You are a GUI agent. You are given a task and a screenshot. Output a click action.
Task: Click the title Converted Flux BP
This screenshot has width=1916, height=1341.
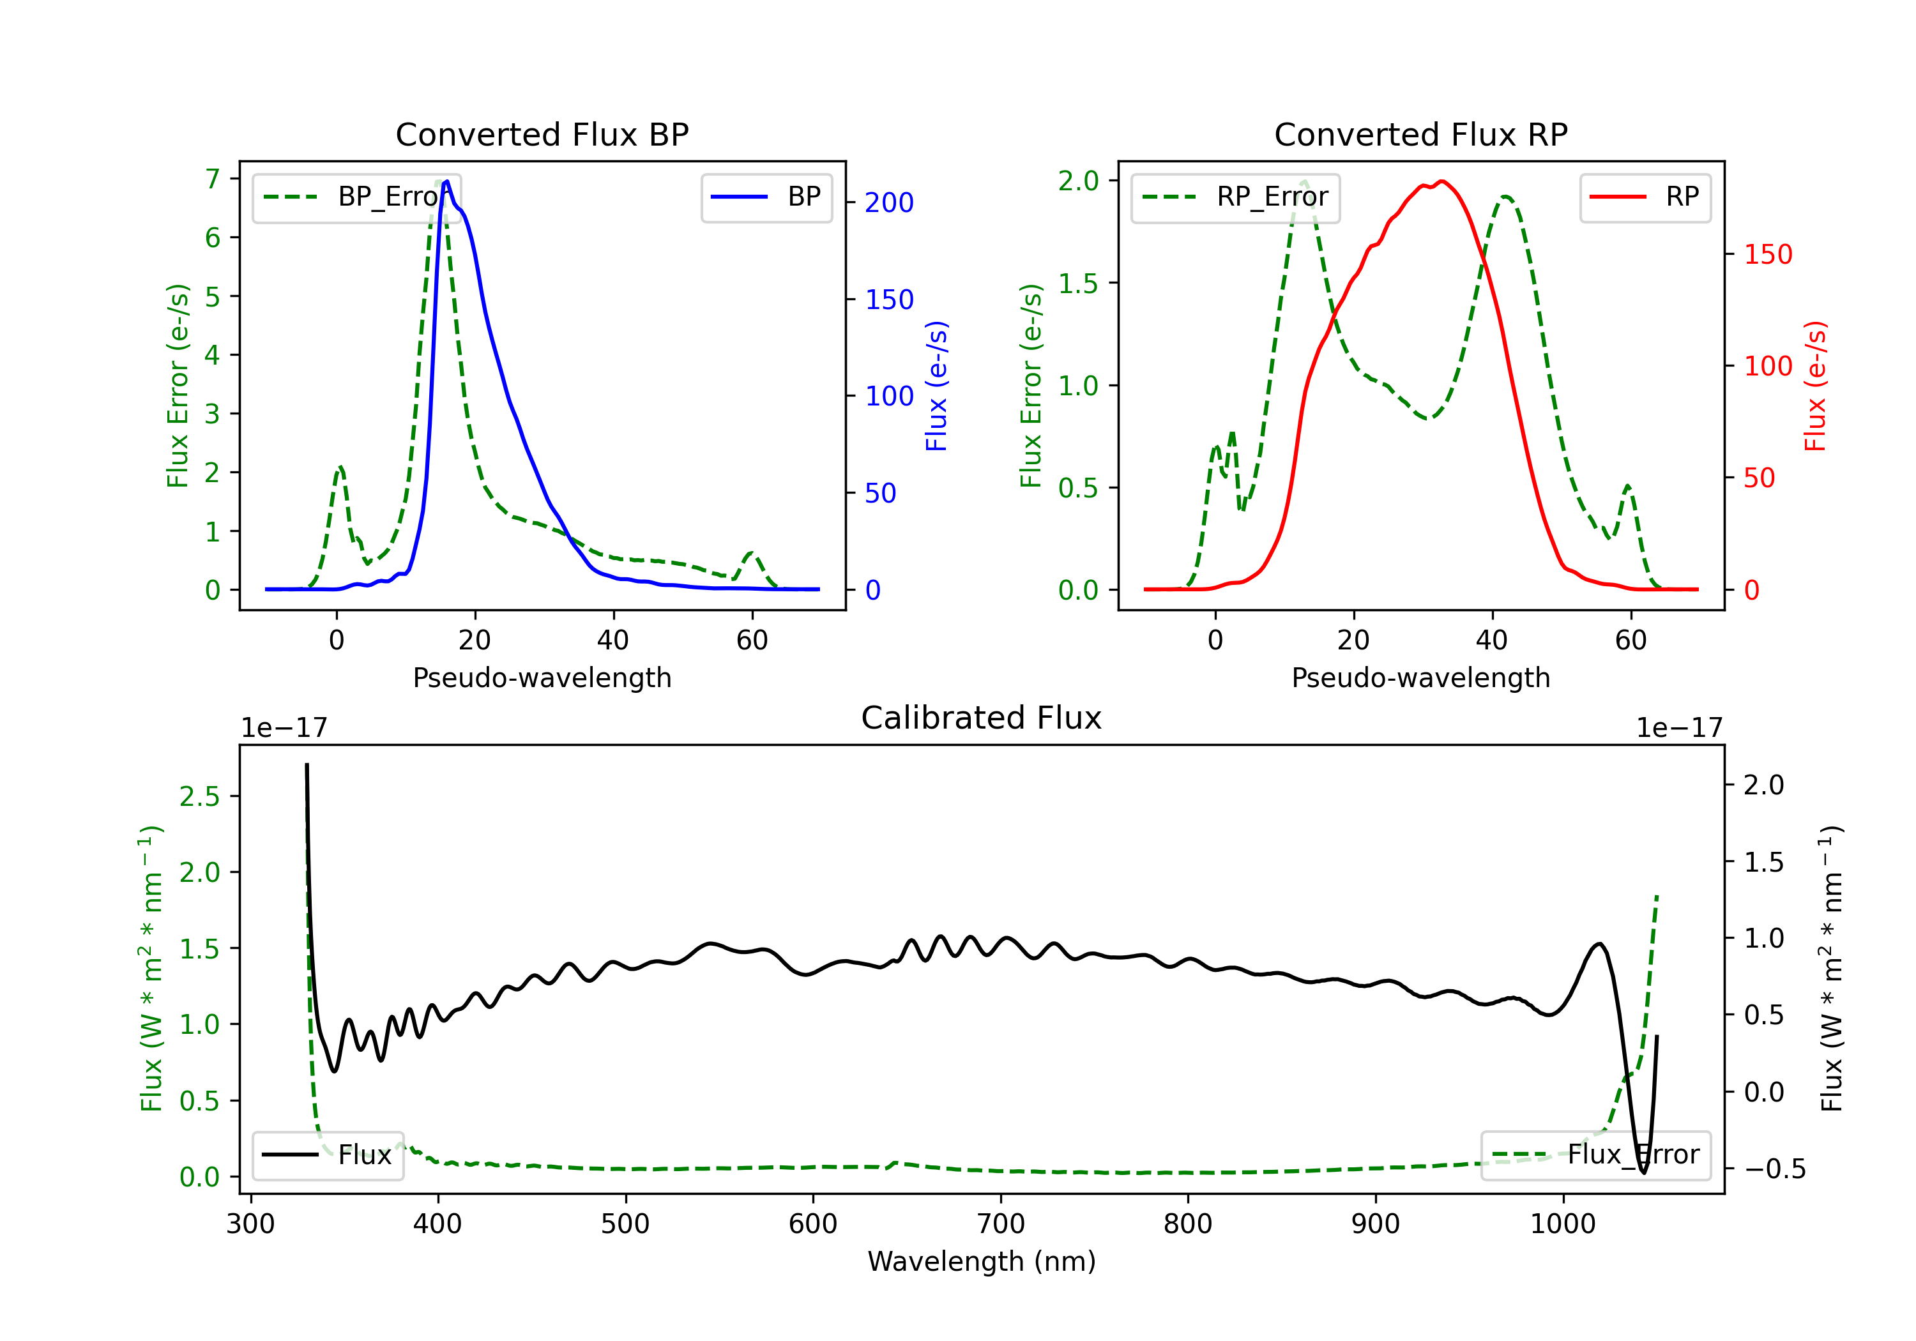(542, 134)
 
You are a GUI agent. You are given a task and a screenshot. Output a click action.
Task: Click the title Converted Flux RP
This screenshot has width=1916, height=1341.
(1420, 134)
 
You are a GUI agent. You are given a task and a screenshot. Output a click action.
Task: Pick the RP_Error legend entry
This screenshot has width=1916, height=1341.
(1236, 197)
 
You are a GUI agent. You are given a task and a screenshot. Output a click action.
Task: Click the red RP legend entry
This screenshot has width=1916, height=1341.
(1645, 197)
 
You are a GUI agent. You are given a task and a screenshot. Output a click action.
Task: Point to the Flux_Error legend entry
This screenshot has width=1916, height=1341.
(1595, 1155)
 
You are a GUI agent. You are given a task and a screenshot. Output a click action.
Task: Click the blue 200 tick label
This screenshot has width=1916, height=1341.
(889, 203)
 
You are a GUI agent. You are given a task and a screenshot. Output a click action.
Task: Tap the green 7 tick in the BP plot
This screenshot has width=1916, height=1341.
(213, 179)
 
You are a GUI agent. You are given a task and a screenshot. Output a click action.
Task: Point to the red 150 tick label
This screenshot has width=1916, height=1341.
(1767, 255)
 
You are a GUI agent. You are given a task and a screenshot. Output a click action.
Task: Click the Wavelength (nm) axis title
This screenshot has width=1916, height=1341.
(982, 1261)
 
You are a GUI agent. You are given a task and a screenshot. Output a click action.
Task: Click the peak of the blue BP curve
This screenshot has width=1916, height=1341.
(447, 181)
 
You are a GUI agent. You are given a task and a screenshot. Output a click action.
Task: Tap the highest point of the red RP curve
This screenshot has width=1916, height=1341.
(1441, 181)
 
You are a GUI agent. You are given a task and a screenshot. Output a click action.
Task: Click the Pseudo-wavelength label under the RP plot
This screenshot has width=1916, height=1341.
(1420, 678)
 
